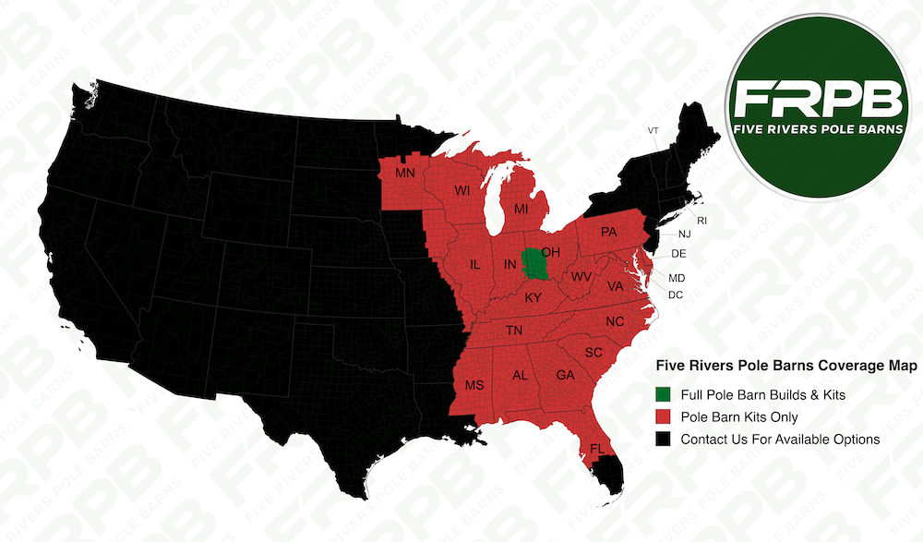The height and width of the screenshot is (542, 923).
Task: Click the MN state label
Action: [405, 173]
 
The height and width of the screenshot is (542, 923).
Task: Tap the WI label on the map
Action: [462, 191]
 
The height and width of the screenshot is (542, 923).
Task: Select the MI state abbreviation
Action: [521, 210]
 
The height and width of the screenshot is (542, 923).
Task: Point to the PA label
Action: [608, 232]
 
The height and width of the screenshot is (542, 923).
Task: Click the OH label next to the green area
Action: [552, 252]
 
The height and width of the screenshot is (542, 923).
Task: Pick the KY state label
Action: [533, 298]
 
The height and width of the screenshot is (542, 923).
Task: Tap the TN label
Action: [514, 331]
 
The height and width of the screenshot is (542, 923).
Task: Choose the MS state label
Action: [473, 385]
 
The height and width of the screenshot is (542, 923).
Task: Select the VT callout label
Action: [653, 130]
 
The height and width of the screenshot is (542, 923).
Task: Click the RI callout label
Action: [701, 221]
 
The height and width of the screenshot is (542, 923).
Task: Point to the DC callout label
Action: [676, 295]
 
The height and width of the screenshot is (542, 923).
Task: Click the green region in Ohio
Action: [533, 264]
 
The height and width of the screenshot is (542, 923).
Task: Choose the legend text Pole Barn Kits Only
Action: [739, 417]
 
